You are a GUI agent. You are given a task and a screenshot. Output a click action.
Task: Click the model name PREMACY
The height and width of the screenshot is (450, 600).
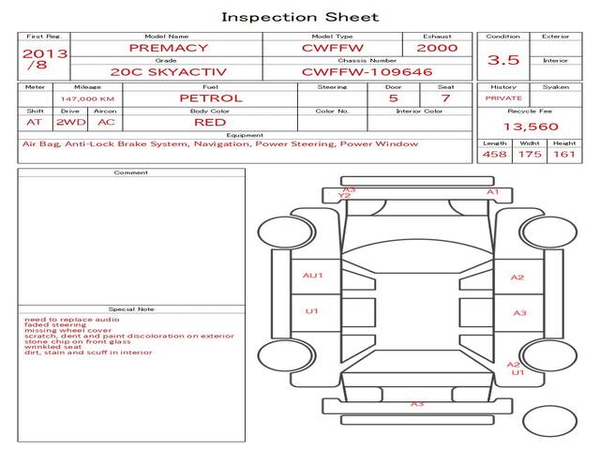(169, 48)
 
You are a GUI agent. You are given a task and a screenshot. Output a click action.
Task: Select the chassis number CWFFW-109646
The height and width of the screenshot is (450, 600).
(367, 72)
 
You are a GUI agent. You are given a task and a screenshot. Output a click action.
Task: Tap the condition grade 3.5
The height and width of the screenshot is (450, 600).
(503, 60)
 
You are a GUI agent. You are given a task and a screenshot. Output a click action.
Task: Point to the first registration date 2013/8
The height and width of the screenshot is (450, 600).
(45, 59)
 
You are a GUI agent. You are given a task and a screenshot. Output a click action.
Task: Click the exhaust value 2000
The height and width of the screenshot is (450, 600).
(437, 48)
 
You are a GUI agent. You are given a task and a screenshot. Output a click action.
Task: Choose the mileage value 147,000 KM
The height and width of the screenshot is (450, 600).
(87, 99)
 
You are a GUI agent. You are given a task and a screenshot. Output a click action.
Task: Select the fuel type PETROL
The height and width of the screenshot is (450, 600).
(211, 98)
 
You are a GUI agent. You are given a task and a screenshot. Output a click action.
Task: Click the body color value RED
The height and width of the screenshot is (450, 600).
(210, 123)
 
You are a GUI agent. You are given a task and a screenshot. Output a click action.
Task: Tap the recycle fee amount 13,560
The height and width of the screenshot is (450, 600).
(531, 127)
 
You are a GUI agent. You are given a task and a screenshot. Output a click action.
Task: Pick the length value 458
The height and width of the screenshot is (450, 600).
(494, 154)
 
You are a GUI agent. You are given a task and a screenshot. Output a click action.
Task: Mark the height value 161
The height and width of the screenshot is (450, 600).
(564, 154)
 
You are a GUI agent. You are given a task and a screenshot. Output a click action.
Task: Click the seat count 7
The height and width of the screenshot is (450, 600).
(445, 98)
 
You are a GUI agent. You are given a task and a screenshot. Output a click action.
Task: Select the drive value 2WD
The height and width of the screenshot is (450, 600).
(71, 123)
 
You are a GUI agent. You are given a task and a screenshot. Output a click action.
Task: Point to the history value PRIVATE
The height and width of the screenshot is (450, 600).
(503, 98)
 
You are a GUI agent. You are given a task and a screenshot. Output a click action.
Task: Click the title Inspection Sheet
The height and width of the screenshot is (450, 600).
(300, 17)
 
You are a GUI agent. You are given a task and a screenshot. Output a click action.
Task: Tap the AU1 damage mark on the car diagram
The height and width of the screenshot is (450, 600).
(312, 275)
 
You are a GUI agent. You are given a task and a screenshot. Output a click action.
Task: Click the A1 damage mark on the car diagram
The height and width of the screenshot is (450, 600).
(493, 191)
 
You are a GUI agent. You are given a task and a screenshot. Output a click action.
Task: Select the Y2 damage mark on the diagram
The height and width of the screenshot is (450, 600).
(344, 196)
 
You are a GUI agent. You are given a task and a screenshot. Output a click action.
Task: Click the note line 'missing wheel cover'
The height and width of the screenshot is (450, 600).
(67, 330)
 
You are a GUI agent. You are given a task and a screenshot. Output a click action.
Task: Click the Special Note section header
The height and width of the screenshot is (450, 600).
(131, 309)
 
